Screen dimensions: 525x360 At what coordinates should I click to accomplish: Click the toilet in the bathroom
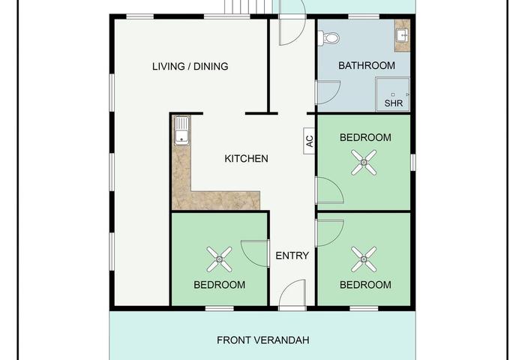pos(328,37)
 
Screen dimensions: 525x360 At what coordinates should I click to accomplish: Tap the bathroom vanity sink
pos(402,35)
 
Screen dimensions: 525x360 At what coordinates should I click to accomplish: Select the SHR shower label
pos(394,103)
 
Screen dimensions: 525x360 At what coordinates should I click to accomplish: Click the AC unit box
pos(309,141)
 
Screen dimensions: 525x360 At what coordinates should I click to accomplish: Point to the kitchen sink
pos(181,130)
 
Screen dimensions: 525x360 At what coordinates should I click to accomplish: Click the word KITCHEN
pos(246,158)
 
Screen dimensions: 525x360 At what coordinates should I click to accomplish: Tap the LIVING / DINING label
pos(190,66)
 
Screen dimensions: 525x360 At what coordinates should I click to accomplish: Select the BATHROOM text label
pos(367,65)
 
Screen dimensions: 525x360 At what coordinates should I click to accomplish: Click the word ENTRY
pos(292,256)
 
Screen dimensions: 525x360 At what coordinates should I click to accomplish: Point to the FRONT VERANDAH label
pos(262,340)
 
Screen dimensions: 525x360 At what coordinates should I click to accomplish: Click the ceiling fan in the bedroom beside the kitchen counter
pos(219,259)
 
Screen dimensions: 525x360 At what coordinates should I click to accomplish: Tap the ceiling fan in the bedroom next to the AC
pos(364,163)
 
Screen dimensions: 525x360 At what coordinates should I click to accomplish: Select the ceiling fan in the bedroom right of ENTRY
pos(364,259)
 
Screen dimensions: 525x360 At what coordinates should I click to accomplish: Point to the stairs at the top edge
pos(247,7)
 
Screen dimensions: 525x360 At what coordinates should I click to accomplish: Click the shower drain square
pos(393,94)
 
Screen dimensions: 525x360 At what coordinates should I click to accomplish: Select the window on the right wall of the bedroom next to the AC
pos(413,162)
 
